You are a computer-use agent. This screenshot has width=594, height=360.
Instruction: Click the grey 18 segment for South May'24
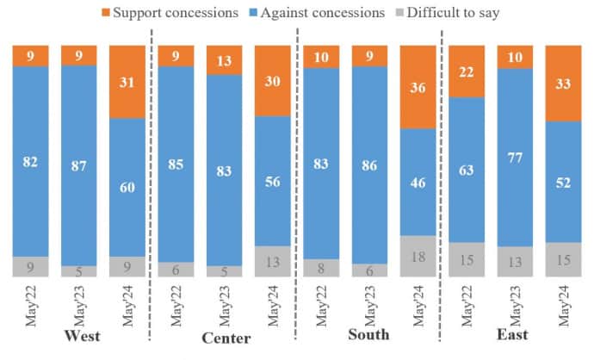[x=419, y=256]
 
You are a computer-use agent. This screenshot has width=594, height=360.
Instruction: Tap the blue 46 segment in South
[x=419, y=182]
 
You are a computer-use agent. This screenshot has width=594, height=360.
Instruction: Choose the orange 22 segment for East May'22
[x=467, y=71]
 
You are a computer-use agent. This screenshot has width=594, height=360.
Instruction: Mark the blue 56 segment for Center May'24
[x=274, y=181]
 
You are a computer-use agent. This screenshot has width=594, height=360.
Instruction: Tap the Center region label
[x=225, y=335]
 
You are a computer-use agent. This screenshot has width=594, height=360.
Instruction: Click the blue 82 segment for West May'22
[x=31, y=160]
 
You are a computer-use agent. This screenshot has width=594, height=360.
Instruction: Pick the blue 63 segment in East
[x=467, y=169]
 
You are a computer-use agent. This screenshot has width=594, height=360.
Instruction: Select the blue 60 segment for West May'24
[x=128, y=187]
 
